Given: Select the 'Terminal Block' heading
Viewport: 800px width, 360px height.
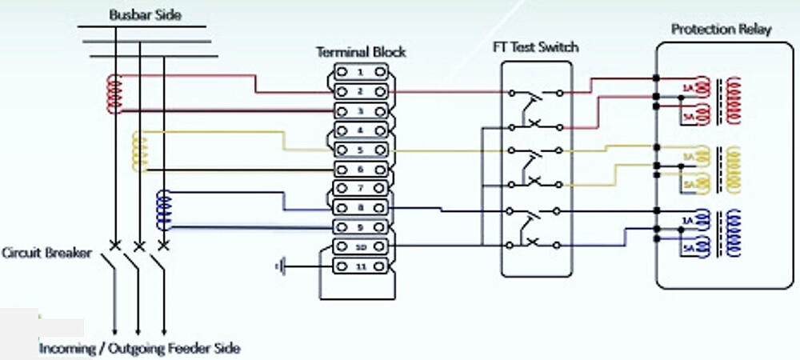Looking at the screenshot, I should click(x=361, y=52).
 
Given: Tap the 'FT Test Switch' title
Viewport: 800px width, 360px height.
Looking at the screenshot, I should click(x=535, y=47).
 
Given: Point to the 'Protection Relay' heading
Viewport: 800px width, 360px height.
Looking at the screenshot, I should click(x=721, y=30).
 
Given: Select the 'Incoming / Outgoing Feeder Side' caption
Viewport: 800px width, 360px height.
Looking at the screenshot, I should click(x=140, y=348).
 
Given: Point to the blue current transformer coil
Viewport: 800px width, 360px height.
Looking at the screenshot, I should click(x=163, y=209).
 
